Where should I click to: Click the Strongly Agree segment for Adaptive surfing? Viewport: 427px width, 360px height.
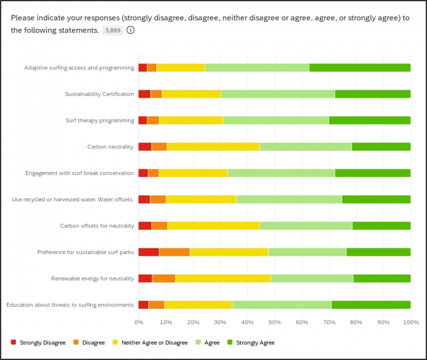pyautogui.click(x=360, y=67)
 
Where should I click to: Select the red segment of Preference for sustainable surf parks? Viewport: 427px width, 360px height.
pyautogui.click(x=148, y=252)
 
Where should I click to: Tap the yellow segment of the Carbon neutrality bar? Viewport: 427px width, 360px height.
pyautogui.click(x=212, y=146)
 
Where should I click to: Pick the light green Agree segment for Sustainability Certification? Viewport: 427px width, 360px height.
pyautogui.click(x=278, y=94)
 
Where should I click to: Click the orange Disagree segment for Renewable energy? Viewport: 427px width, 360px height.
pyautogui.click(x=163, y=278)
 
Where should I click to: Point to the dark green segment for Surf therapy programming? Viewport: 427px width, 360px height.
pyautogui.click(x=369, y=120)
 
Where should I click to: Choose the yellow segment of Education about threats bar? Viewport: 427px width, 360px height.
pyautogui.click(x=198, y=304)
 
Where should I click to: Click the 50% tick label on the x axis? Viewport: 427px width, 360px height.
pyautogui.click(x=274, y=322)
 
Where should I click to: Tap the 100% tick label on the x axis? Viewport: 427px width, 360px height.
pyautogui.click(x=410, y=322)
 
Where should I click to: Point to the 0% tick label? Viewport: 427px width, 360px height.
pyautogui.click(x=138, y=322)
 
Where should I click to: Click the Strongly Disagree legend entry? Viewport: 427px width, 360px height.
pyautogui.click(x=39, y=342)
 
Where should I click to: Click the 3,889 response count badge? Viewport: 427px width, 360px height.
pyautogui.click(x=113, y=30)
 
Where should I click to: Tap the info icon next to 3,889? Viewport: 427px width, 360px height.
pyautogui.click(x=130, y=30)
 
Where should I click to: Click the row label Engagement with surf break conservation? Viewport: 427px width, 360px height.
pyautogui.click(x=80, y=173)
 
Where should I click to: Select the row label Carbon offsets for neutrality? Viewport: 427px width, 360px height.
pyautogui.click(x=97, y=225)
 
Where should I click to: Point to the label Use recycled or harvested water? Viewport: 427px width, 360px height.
pyautogui.click(x=73, y=199)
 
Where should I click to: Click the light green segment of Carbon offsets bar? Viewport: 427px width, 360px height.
pyautogui.click(x=305, y=225)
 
